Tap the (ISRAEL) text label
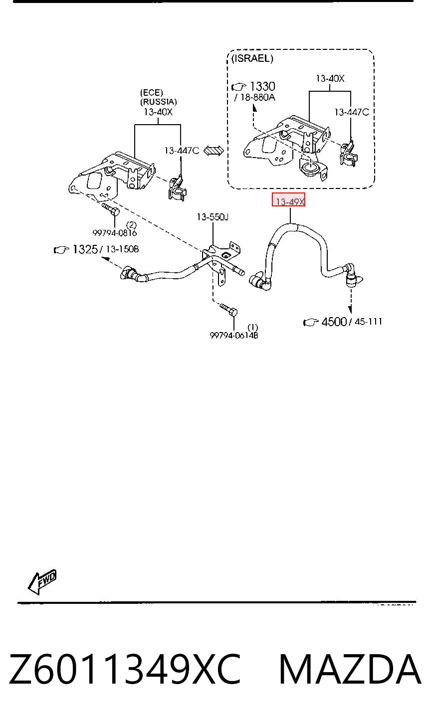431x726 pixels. [252, 58]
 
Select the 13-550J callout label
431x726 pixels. [213, 217]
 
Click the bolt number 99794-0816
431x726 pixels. [114, 233]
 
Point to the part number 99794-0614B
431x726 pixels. [234, 336]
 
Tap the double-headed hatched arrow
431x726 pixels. [214, 151]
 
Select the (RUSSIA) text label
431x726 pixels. [159, 102]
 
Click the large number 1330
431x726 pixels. [263, 86]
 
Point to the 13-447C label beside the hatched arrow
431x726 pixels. [182, 151]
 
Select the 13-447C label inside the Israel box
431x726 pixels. [352, 112]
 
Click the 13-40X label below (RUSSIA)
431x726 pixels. [158, 112]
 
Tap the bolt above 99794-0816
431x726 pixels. [111, 209]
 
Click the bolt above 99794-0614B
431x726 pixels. [228, 310]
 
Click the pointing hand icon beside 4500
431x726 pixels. [311, 323]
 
